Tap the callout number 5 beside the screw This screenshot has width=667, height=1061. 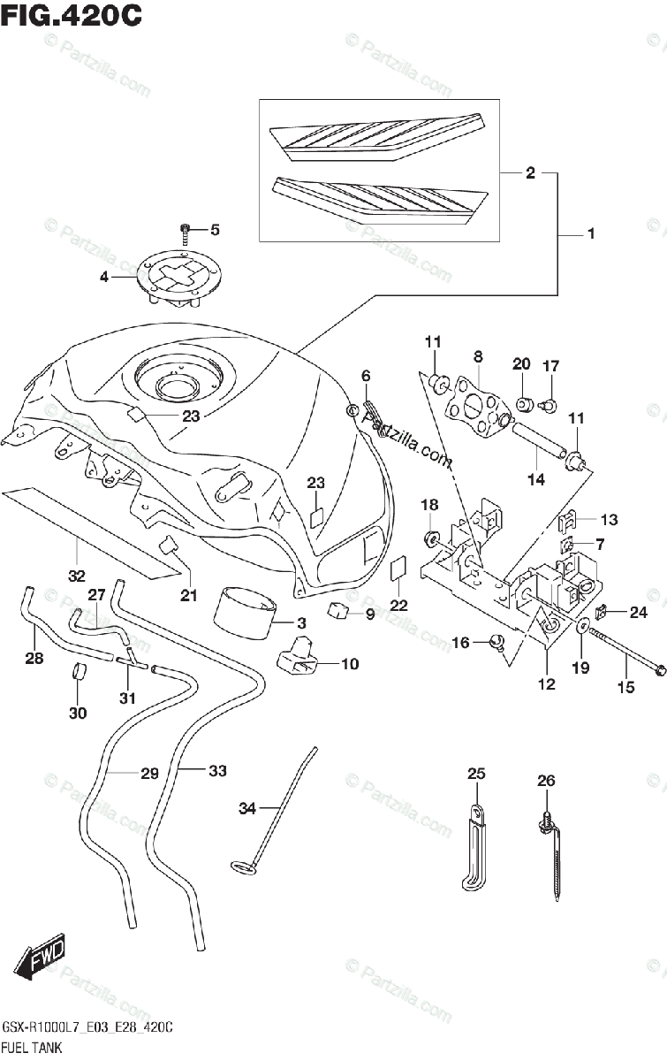[x=215, y=230]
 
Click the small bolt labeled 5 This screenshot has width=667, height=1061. [x=185, y=234]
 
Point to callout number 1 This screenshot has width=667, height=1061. [x=590, y=233]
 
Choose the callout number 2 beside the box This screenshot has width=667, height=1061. [x=530, y=173]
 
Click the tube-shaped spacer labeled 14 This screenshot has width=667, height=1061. [x=538, y=440]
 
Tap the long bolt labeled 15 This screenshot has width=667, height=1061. [x=624, y=651]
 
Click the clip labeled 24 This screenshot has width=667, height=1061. [x=601, y=612]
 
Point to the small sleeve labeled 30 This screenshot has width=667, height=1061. [x=79, y=671]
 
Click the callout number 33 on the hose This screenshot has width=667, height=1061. [x=217, y=771]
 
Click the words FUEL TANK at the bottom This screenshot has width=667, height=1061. [x=32, y=1047]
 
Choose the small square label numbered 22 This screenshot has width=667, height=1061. [x=398, y=569]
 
